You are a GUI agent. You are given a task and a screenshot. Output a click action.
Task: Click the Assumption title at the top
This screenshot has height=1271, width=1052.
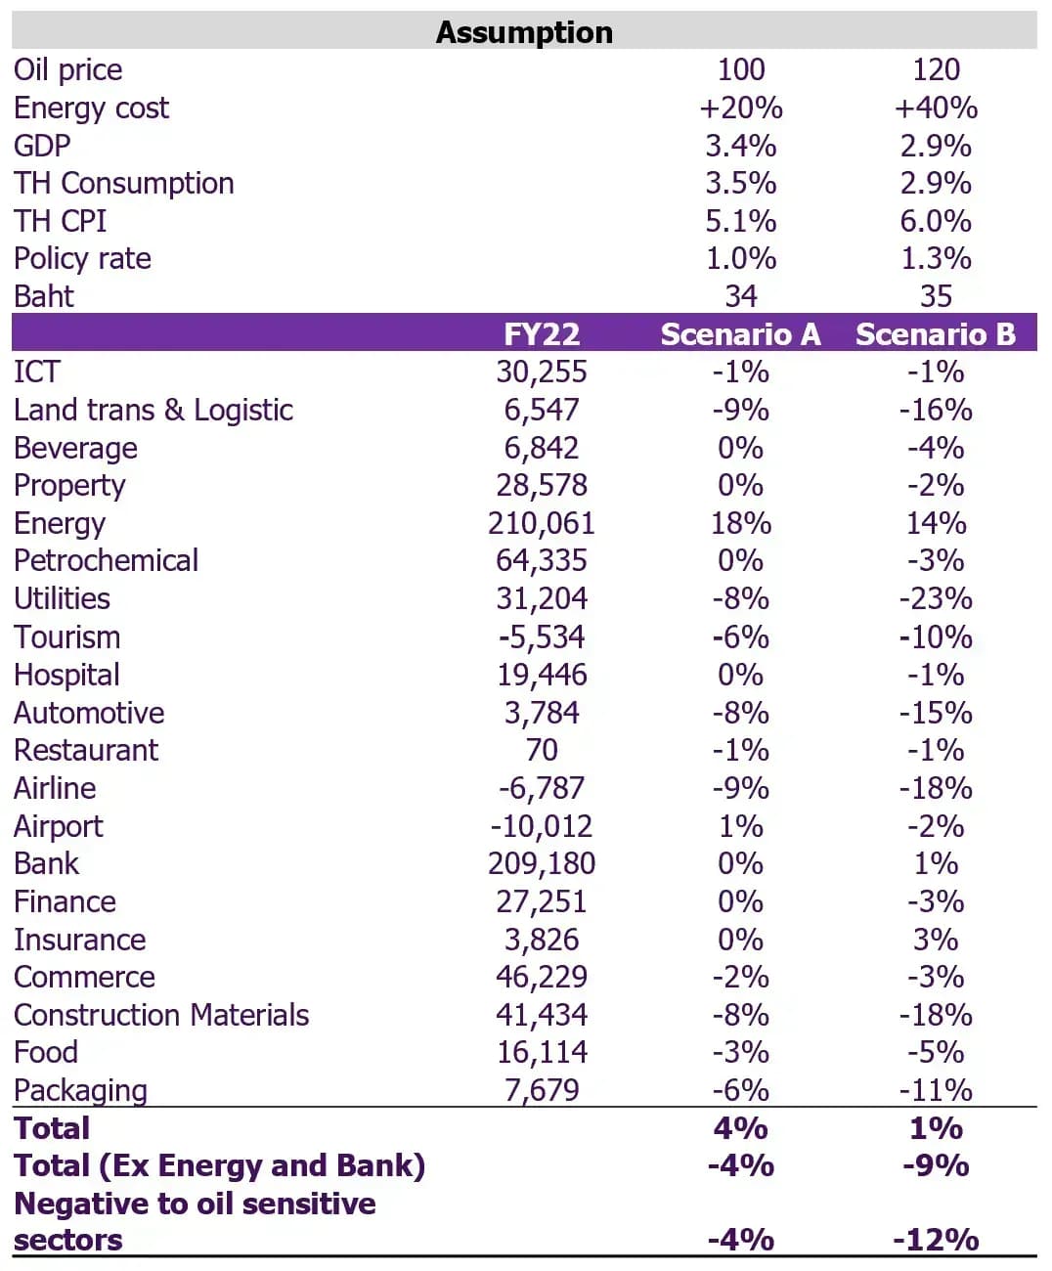click(x=524, y=33)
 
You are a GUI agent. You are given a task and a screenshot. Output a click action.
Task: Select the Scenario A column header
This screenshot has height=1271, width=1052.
click(x=740, y=334)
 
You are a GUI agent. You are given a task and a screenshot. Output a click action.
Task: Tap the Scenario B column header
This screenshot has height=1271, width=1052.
click(x=936, y=334)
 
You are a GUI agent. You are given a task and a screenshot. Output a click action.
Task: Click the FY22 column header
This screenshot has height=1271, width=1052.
click(x=542, y=334)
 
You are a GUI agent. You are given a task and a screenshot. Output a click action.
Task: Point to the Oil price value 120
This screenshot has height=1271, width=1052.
click(x=936, y=69)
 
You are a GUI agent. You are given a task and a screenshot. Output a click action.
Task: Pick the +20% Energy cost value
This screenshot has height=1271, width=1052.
click(x=740, y=109)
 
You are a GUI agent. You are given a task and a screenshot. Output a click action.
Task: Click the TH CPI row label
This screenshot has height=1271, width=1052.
click(x=60, y=221)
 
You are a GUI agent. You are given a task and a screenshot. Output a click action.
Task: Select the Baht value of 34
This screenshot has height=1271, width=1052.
click(x=740, y=296)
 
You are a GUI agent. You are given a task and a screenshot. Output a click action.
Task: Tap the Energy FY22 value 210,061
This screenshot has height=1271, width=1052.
click(x=542, y=523)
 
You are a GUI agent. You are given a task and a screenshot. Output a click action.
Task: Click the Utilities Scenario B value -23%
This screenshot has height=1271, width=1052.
click(x=936, y=599)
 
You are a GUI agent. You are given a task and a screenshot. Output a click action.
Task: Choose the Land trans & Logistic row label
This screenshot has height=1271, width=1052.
click(x=153, y=411)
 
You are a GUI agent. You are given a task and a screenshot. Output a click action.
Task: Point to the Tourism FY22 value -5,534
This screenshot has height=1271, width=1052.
click(x=542, y=637)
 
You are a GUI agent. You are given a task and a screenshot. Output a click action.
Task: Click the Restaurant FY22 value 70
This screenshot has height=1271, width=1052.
click(x=542, y=750)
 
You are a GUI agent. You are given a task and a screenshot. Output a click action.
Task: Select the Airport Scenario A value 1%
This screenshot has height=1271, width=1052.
click(x=740, y=826)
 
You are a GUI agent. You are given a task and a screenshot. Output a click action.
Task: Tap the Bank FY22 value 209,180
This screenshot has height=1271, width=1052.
click(x=542, y=863)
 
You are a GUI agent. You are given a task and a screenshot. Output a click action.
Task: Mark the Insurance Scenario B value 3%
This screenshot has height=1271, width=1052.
click(x=936, y=940)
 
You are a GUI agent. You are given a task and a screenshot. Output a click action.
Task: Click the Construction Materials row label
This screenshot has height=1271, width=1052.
click(x=161, y=1015)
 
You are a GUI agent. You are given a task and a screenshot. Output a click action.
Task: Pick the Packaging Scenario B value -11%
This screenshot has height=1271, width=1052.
click(x=936, y=1091)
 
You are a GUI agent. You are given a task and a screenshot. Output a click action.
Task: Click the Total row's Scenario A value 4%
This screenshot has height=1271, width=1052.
click(x=740, y=1128)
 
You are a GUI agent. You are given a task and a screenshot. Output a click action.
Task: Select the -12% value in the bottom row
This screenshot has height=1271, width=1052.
click(x=936, y=1241)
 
